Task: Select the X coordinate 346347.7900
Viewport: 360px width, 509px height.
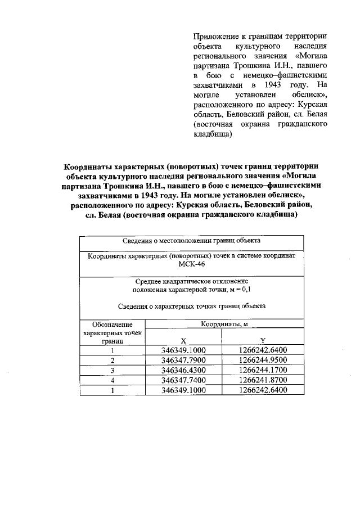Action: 183,360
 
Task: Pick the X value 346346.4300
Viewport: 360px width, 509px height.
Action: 183,370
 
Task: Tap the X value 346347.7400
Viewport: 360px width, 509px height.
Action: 183,380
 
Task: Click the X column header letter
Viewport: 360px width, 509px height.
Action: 183,340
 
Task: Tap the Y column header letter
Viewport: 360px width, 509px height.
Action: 263,340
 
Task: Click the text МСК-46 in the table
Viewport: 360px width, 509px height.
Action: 192,265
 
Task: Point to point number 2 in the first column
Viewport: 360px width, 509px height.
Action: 112,360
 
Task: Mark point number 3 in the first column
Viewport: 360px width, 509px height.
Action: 112,370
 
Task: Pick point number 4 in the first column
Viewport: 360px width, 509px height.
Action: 112,380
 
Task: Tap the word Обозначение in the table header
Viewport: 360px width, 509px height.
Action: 112,325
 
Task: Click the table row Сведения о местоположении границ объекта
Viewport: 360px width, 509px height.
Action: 192,240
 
